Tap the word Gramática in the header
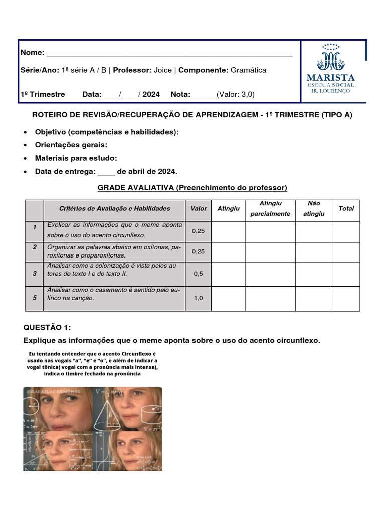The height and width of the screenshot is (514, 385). (x=248, y=70)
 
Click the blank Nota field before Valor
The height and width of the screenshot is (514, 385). (x=203, y=94)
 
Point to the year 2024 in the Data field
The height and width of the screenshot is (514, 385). (x=151, y=94)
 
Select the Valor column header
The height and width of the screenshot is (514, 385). (x=199, y=208)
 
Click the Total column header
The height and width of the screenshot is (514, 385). (x=346, y=208)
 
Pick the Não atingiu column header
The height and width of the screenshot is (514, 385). (x=314, y=208)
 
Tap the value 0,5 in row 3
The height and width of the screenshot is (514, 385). (x=199, y=274)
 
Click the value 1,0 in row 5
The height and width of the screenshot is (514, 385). (x=199, y=298)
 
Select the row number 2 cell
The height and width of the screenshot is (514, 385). (x=35, y=247)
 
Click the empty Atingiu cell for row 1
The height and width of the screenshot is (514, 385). (x=228, y=231)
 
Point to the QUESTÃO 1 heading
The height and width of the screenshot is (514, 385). (x=48, y=327)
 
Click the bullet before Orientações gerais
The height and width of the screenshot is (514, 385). (x=26, y=145)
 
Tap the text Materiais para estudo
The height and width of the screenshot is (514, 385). (x=76, y=158)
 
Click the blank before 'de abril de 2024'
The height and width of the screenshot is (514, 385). (x=106, y=172)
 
